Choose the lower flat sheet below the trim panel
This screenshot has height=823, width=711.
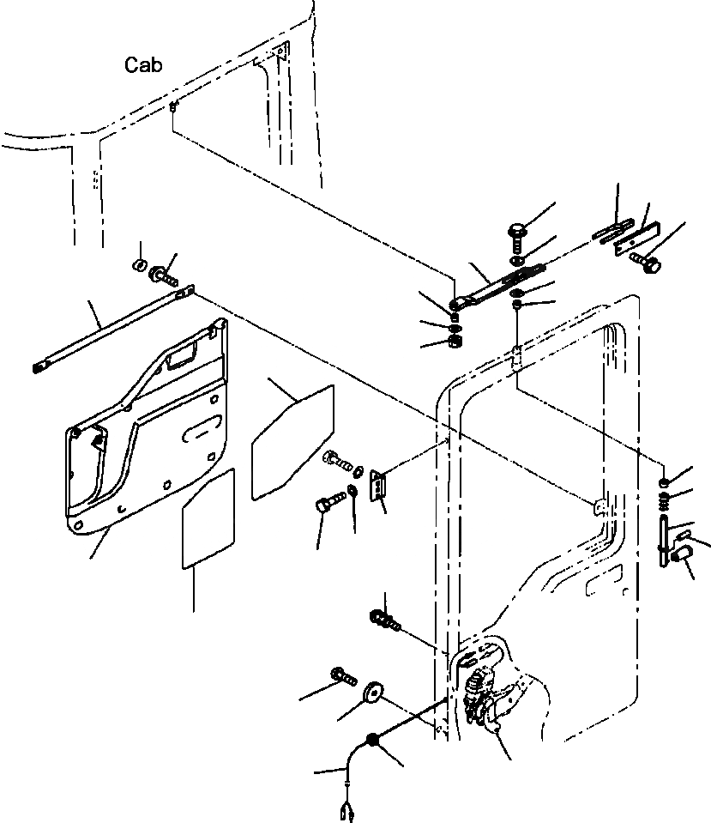(207, 519)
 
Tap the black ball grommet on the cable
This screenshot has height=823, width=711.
(372, 741)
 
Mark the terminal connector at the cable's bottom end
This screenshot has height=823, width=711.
(346, 808)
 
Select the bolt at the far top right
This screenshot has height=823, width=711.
(647, 260)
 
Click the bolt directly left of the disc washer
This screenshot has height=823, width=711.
(341, 675)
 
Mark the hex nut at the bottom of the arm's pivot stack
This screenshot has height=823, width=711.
(454, 344)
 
